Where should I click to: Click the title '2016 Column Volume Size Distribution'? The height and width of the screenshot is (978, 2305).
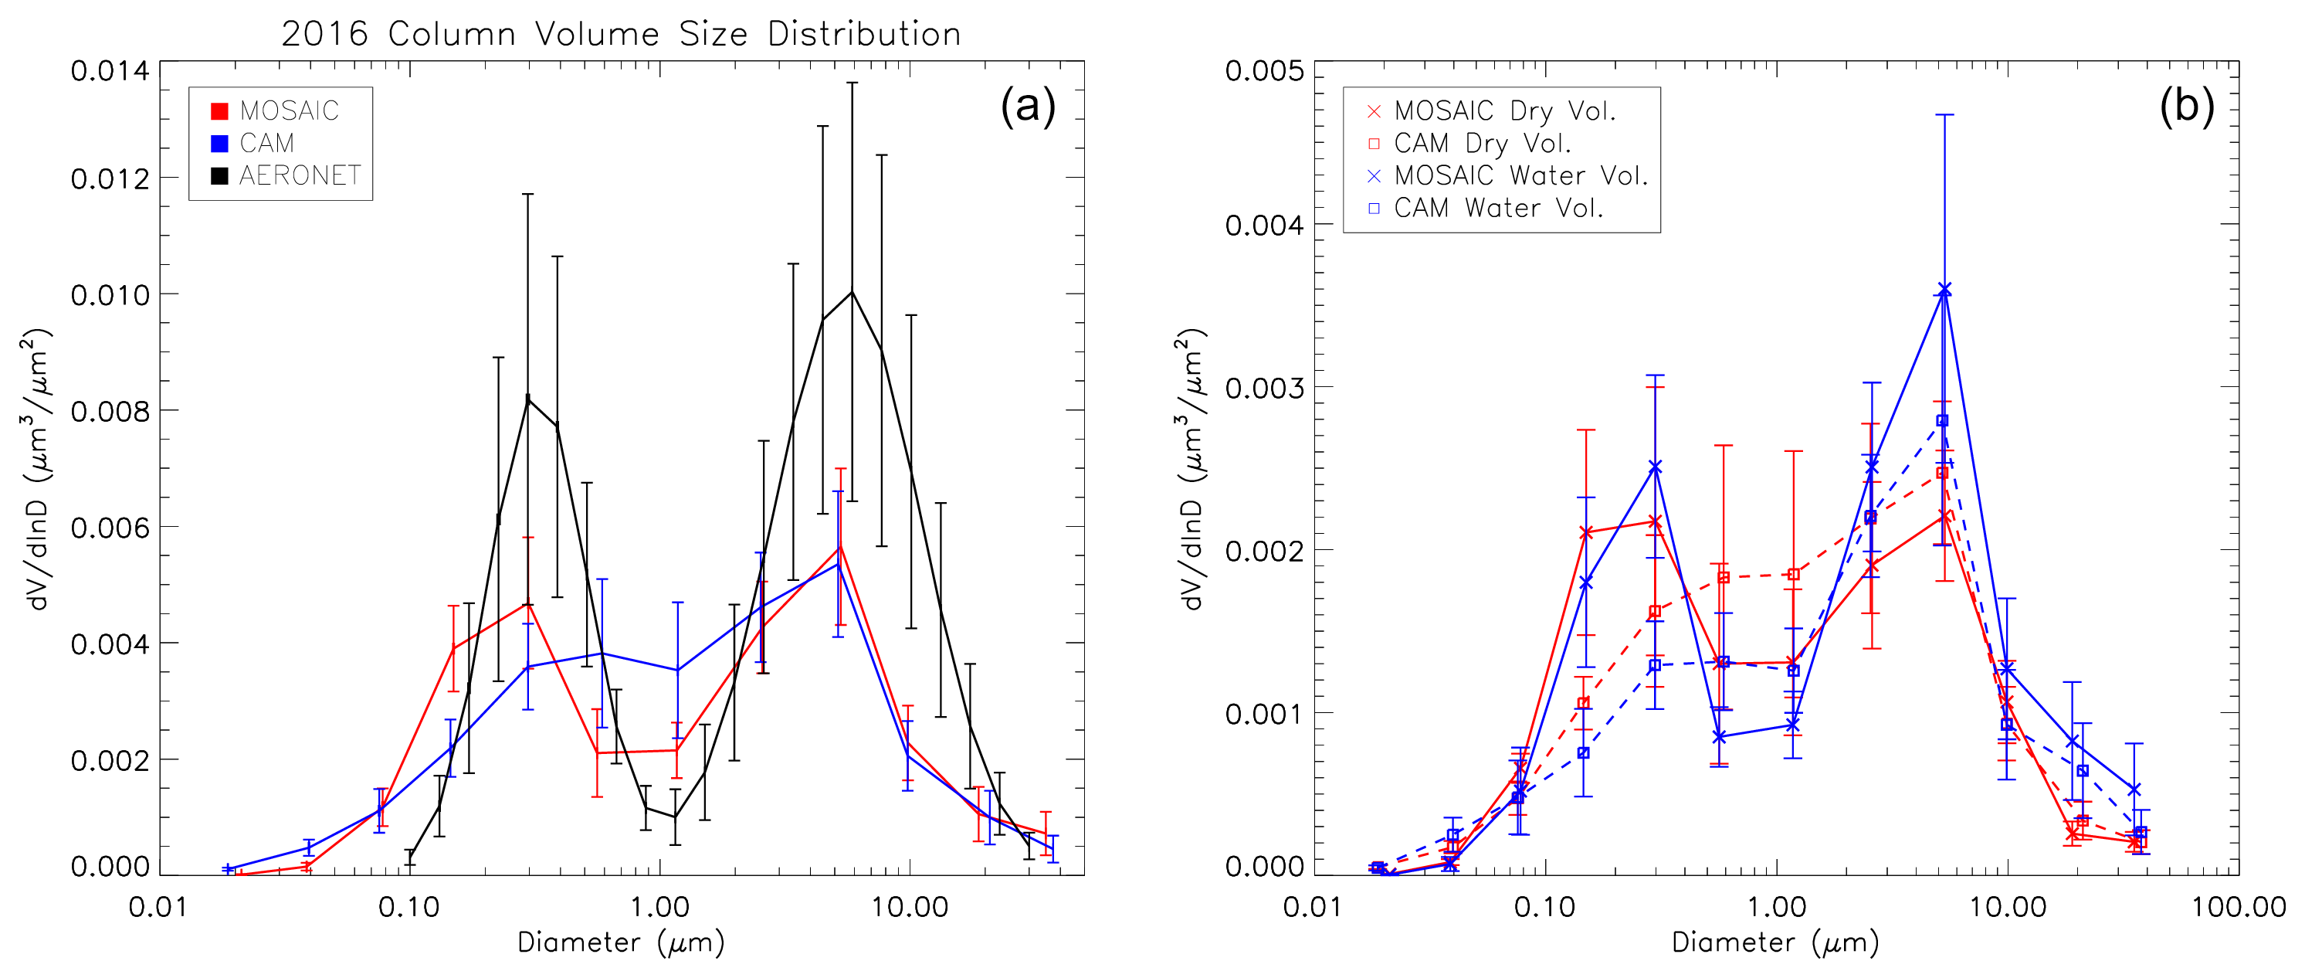tap(621, 34)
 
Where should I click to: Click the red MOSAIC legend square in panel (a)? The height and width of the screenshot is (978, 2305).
tap(219, 111)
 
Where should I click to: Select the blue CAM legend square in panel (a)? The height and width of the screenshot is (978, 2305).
tap(219, 143)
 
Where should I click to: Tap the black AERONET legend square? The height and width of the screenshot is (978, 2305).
tap(219, 175)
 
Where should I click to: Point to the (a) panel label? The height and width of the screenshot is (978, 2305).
tap(1028, 107)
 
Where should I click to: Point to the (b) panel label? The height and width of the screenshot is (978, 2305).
tap(2186, 107)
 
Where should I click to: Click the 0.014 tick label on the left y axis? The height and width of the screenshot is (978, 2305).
tap(110, 71)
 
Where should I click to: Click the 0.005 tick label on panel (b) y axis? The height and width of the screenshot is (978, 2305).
tap(1264, 71)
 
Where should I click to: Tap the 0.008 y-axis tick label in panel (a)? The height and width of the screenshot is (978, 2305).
tap(110, 411)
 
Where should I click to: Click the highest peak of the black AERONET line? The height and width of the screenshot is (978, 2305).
tap(852, 292)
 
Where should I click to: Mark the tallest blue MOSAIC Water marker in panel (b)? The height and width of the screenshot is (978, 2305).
tap(1944, 289)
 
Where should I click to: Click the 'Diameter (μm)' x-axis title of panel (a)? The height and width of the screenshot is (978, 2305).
tap(621, 942)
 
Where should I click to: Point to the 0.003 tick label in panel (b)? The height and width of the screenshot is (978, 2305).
tap(1264, 388)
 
